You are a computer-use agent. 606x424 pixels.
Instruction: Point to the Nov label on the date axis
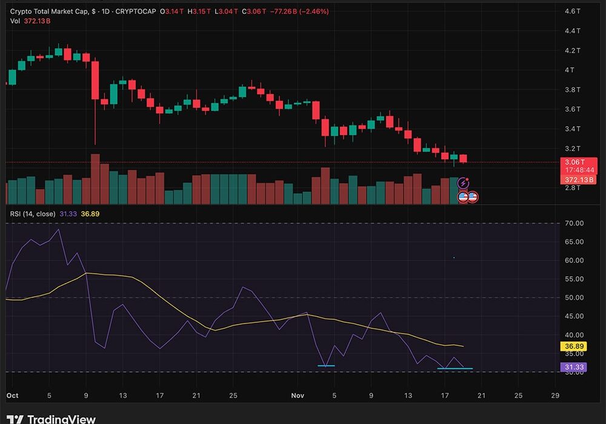(x=298, y=396)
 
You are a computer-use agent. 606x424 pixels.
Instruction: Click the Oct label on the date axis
(x=12, y=396)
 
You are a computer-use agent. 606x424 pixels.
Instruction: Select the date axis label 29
(x=554, y=396)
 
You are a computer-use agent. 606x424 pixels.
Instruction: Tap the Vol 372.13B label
(x=30, y=21)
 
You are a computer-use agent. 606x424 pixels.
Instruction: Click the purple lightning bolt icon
(x=464, y=183)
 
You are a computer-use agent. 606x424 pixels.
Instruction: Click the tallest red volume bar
(x=95, y=179)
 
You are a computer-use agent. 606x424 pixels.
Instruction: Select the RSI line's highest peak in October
(x=58, y=230)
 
